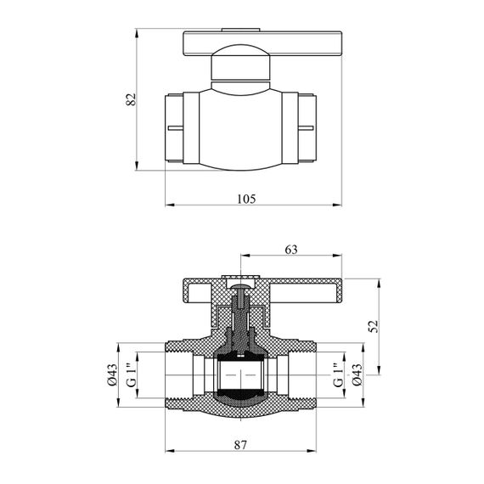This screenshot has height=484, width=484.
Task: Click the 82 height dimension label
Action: pos(131,99)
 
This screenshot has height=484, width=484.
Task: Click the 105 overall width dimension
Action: pos(246,199)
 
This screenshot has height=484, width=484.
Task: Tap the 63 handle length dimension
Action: pos(290,250)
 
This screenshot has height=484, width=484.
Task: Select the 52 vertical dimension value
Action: pos(374,326)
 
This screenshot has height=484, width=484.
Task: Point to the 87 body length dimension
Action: pos(240,445)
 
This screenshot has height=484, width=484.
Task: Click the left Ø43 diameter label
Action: pos(112,374)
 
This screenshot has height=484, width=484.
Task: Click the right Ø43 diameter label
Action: pos(357,374)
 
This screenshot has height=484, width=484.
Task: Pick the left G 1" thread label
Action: pos(131,375)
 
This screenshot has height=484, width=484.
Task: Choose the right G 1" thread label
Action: pos(338,375)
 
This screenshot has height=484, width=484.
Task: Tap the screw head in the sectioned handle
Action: pos(240,287)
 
